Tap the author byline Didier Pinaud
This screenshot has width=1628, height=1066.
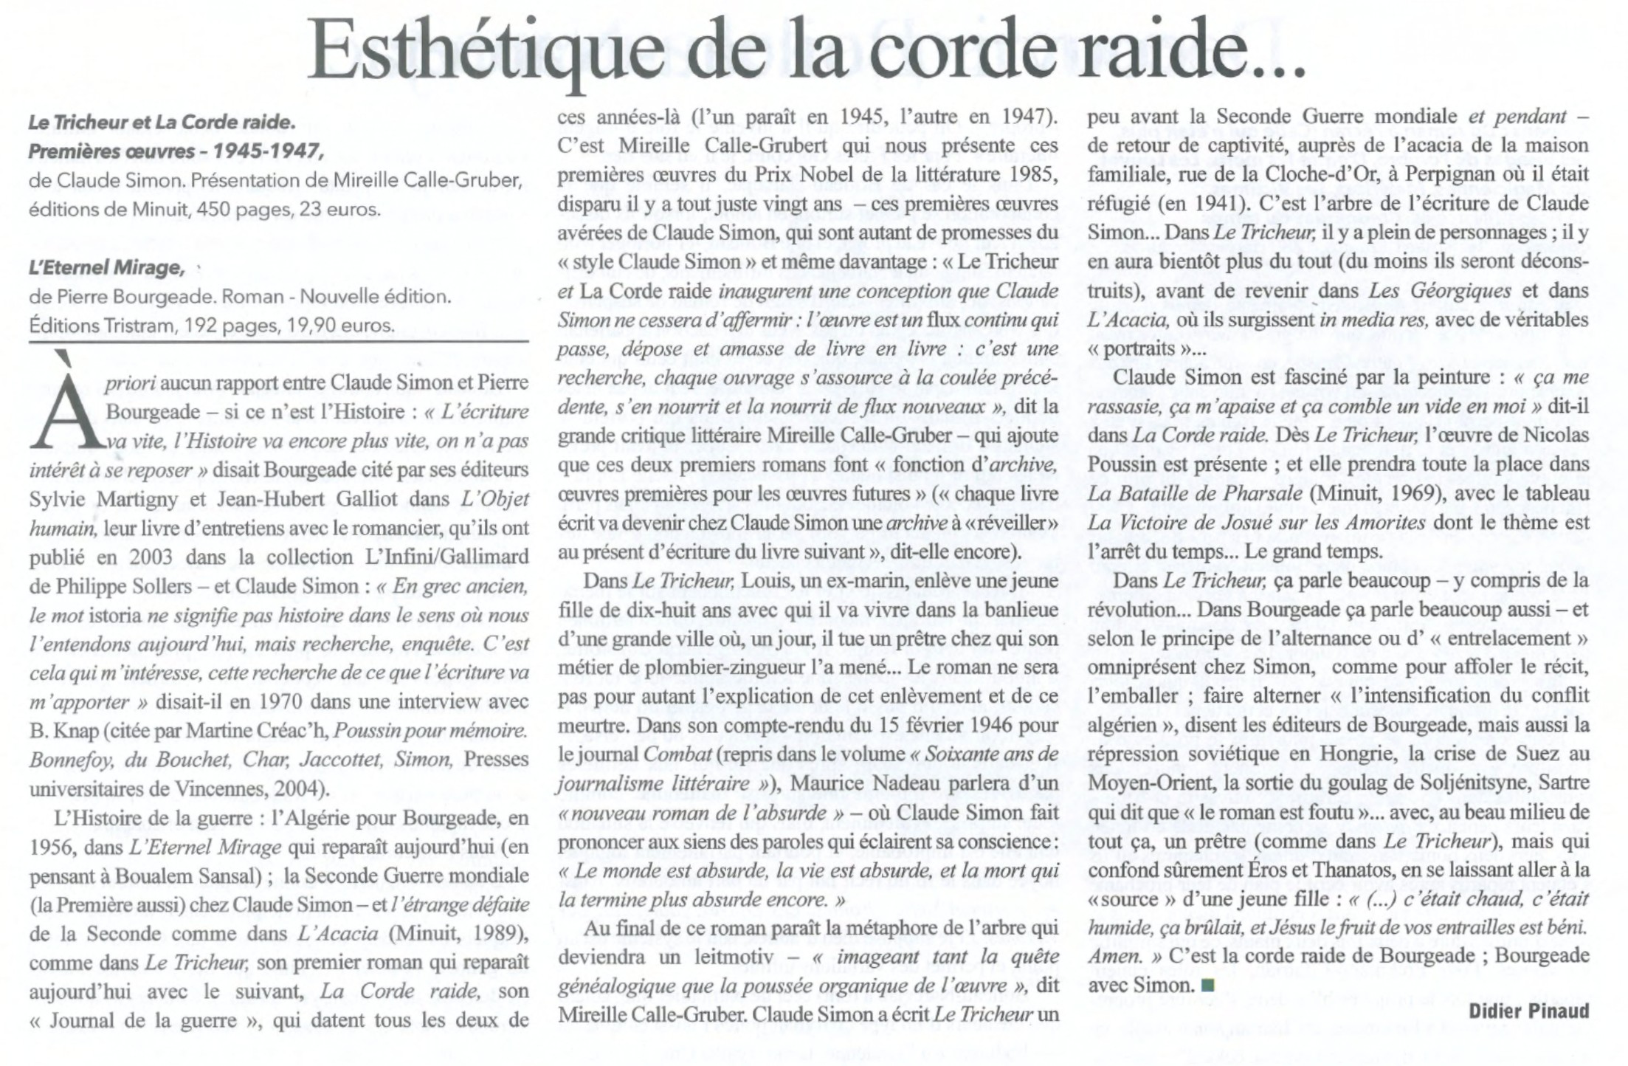(x=1528, y=1011)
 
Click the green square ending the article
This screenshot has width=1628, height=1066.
(x=1207, y=984)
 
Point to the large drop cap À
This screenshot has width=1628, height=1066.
(x=65, y=402)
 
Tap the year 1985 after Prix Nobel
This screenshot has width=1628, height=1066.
(x=1032, y=175)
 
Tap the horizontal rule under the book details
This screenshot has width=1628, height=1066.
(x=279, y=342)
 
